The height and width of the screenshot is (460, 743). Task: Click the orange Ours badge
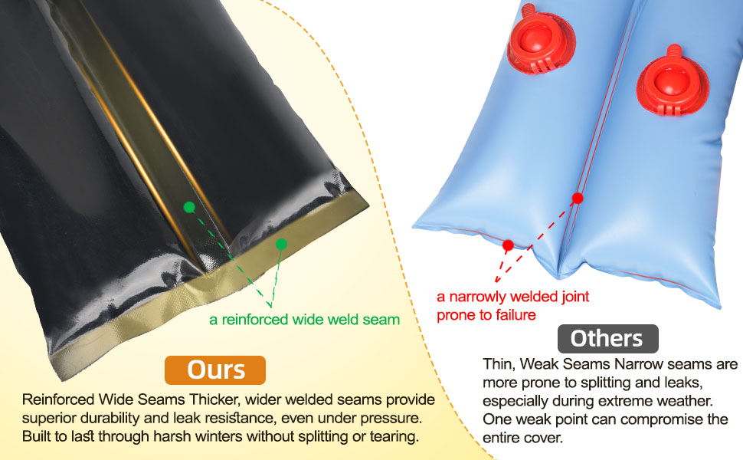(215, 370)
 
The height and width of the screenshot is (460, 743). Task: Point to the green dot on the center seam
(189, 207)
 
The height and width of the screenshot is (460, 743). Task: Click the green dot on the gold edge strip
(281, 244)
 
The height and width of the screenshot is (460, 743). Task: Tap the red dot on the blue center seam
(578, 198)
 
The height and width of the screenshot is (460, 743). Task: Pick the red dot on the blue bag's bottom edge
(507, 245)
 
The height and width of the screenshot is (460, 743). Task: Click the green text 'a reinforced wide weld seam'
(304, 320)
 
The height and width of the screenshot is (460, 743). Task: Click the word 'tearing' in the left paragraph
(394, 438)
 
